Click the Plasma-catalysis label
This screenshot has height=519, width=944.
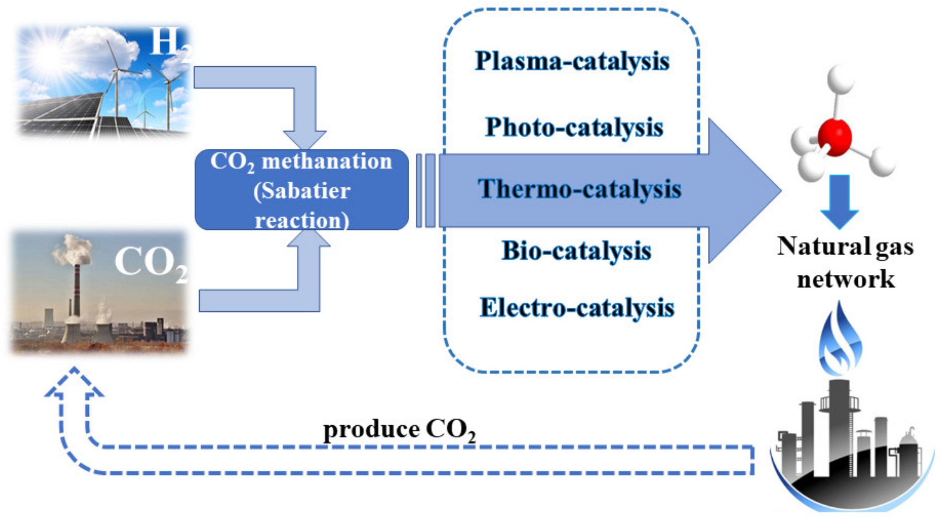coord(572,62)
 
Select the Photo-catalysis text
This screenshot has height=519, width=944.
coord(574,127)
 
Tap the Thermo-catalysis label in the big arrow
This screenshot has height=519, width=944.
coord(579,189)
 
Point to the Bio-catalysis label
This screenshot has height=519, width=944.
coord(576,251)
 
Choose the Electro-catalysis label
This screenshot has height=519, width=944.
coord(577,308)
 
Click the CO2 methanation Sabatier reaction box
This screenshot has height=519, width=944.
coord(301,190)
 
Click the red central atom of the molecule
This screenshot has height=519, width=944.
coord(834,137)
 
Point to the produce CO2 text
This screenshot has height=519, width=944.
coord(399,430)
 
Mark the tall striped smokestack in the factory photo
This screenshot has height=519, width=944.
coord(77,288)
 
